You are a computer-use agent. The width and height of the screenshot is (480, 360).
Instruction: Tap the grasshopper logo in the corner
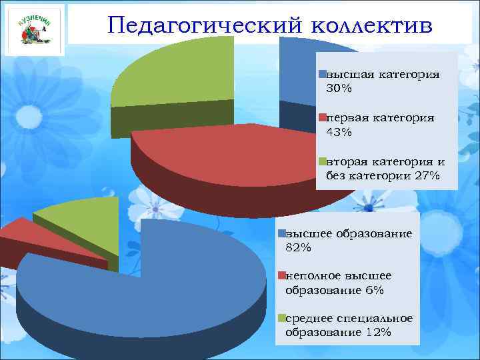point(35,30)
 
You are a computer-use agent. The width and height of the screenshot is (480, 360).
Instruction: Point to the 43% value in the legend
point(339,132)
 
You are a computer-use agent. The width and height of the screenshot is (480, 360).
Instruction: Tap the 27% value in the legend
point(426,176)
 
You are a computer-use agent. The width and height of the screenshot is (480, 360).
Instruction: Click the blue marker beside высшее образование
point(282,233)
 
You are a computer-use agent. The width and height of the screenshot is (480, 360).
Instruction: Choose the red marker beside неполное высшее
point(282,275)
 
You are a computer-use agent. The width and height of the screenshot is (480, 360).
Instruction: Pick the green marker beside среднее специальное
point(282,318)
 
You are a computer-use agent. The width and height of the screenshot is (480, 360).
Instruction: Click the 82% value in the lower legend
point(298,248)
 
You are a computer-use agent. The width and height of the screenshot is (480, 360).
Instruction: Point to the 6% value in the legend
point(374,290)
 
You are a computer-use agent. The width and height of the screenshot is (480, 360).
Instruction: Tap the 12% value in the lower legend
point(378,333)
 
